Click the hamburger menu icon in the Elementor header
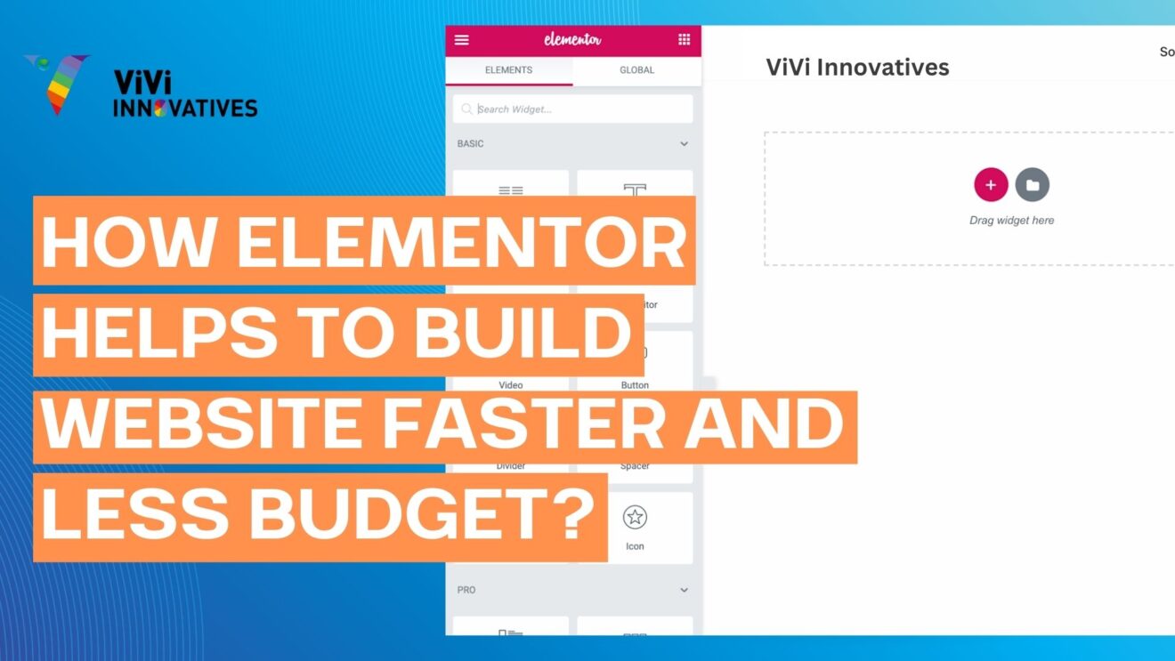[461, 40]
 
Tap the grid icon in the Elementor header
[684, 40]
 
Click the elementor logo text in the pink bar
[572, 40]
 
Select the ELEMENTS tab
[508, 70]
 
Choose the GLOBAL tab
[636, 70]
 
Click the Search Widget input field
[579, 109]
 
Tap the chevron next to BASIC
[684, 144]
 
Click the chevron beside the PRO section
[684, 590]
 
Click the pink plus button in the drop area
[991, 185]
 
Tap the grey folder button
[1033, 185]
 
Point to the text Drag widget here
[1011, 221]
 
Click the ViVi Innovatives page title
[857, 68]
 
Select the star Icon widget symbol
[635, 518]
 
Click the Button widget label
[635, 385]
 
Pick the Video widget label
[511, 385]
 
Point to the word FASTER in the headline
[523, 423]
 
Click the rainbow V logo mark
[57, 84]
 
